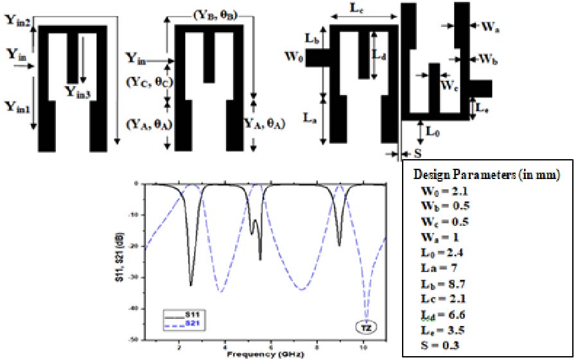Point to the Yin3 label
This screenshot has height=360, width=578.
(x=80, y=92)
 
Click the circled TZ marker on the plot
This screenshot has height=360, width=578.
(x=367, y=326)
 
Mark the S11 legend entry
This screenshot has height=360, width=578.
(x=193, y=314)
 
